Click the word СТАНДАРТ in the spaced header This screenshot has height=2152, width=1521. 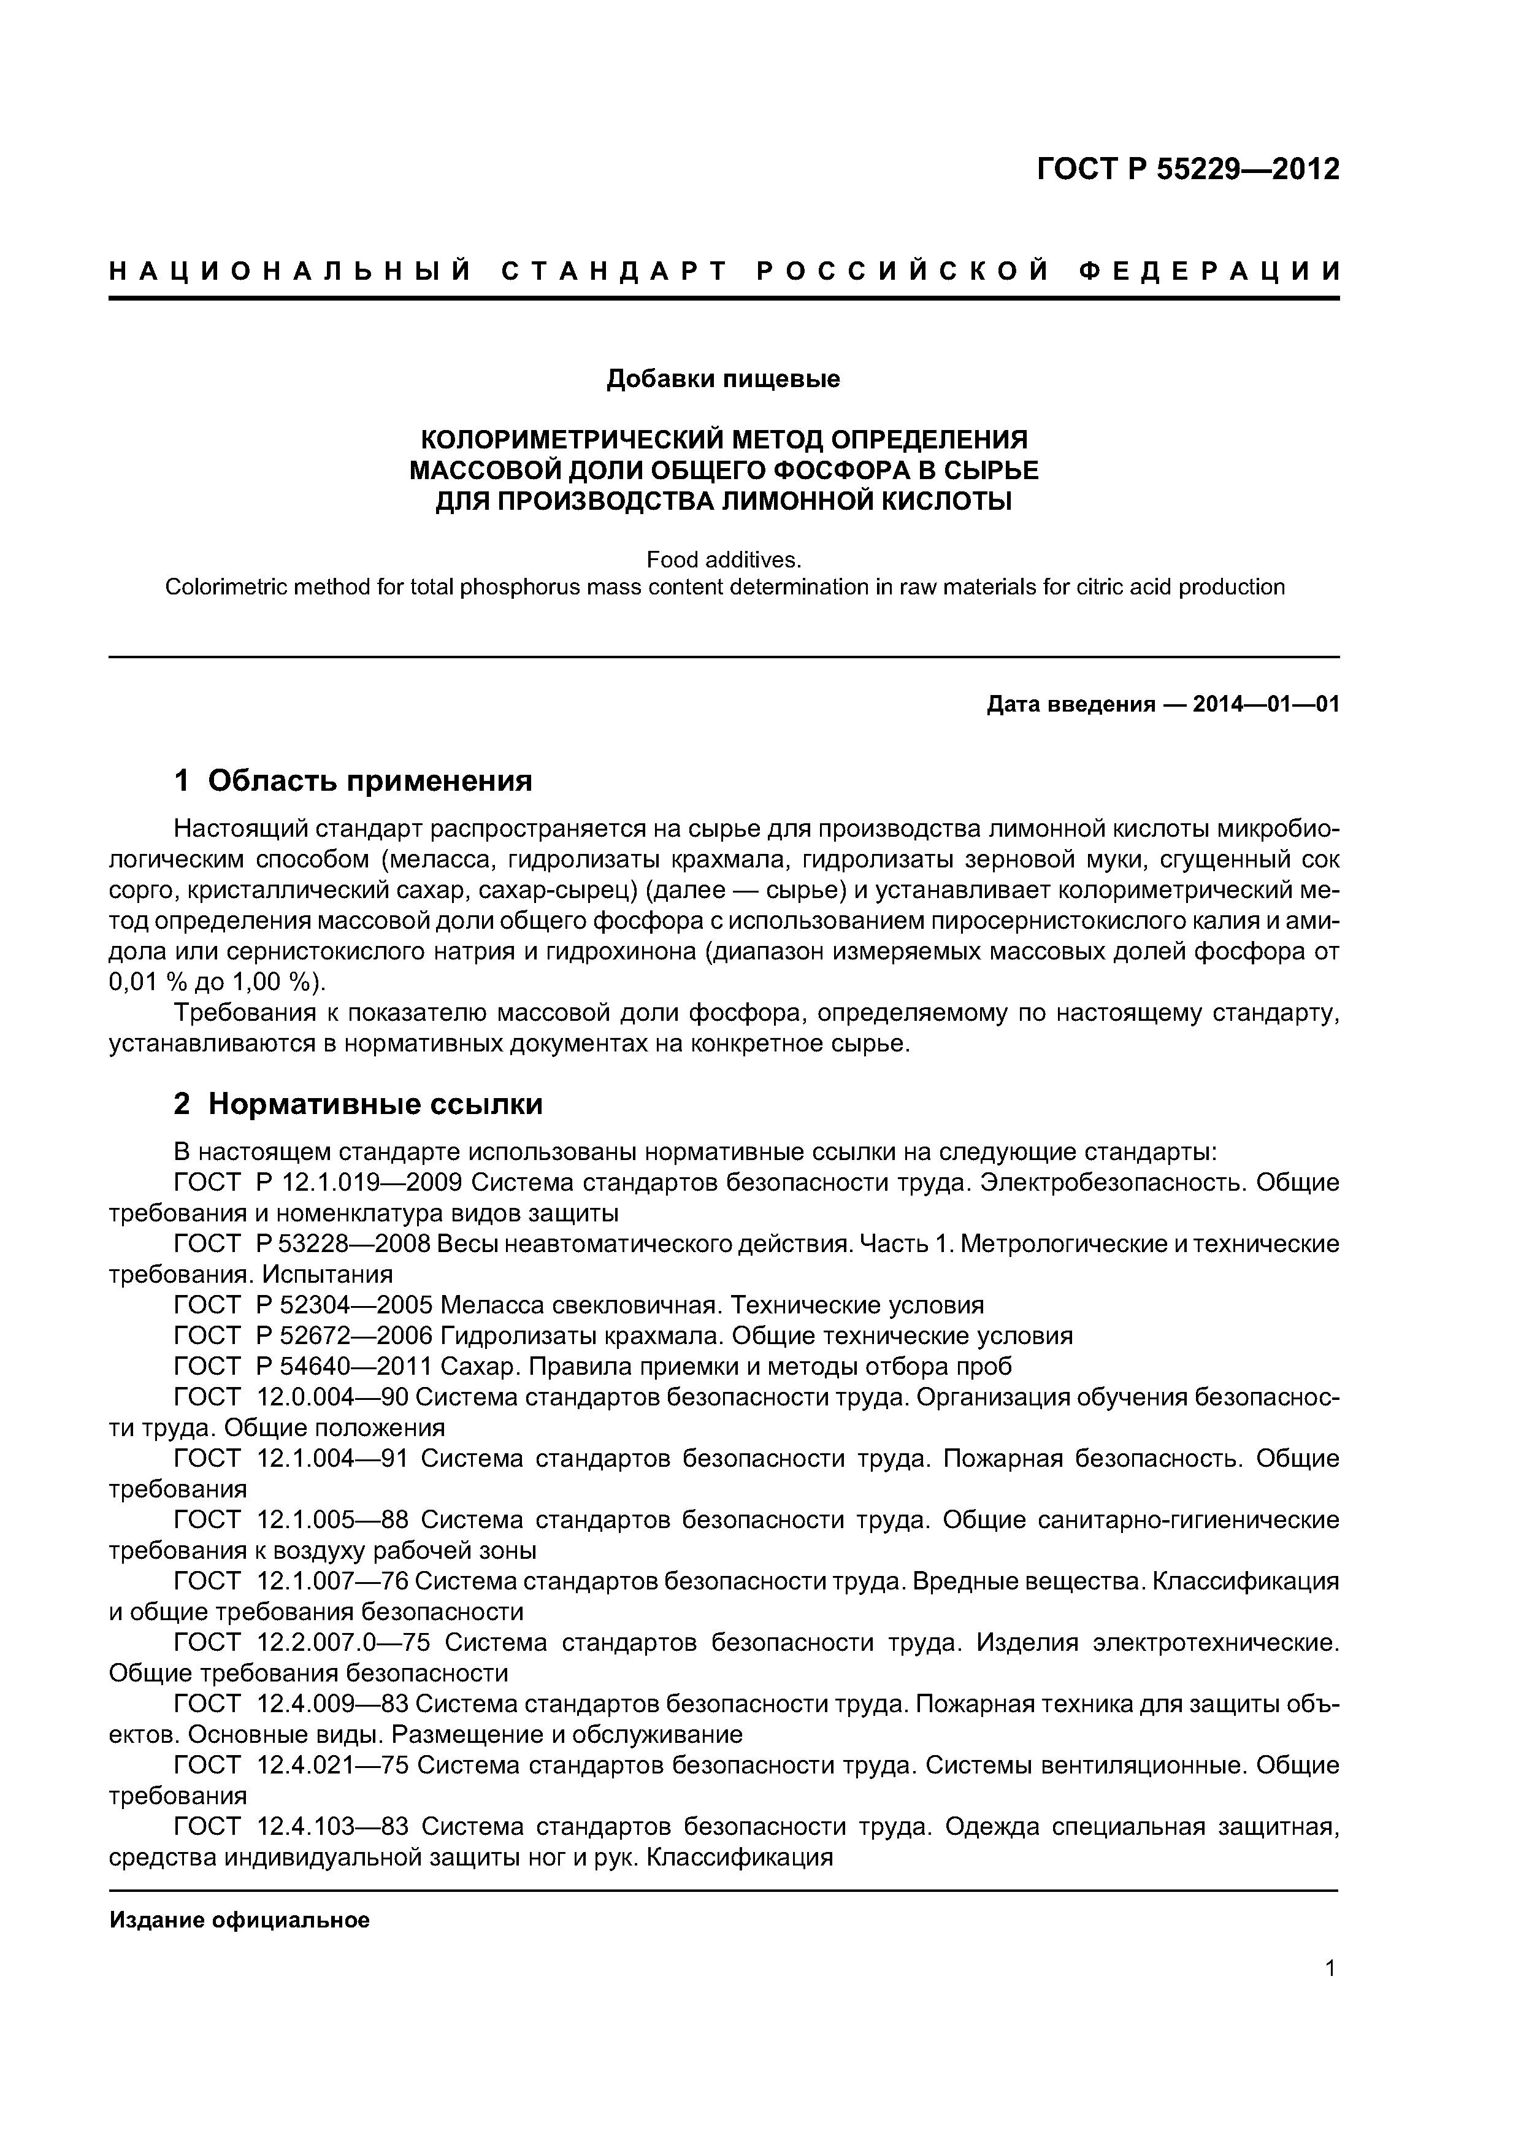614,272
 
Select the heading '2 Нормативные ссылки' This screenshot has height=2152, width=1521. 358,1104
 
